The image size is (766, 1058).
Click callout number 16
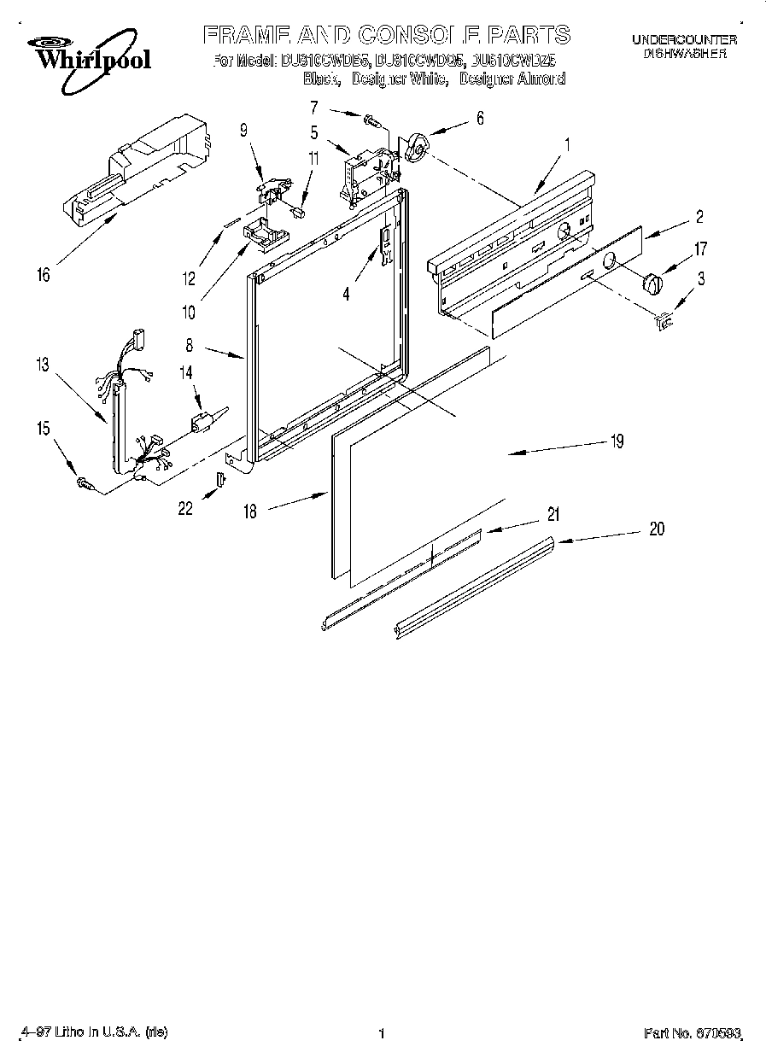tap(44, 274)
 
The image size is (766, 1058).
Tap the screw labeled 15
tap(85, 483)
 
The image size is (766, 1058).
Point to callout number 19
tap(617, 441)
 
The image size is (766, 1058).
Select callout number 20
tap(656, 529)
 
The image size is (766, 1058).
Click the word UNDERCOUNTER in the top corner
tap(684, 39)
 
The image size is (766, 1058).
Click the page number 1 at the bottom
tap(382, 1033)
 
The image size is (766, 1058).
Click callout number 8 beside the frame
tap(189, 347)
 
